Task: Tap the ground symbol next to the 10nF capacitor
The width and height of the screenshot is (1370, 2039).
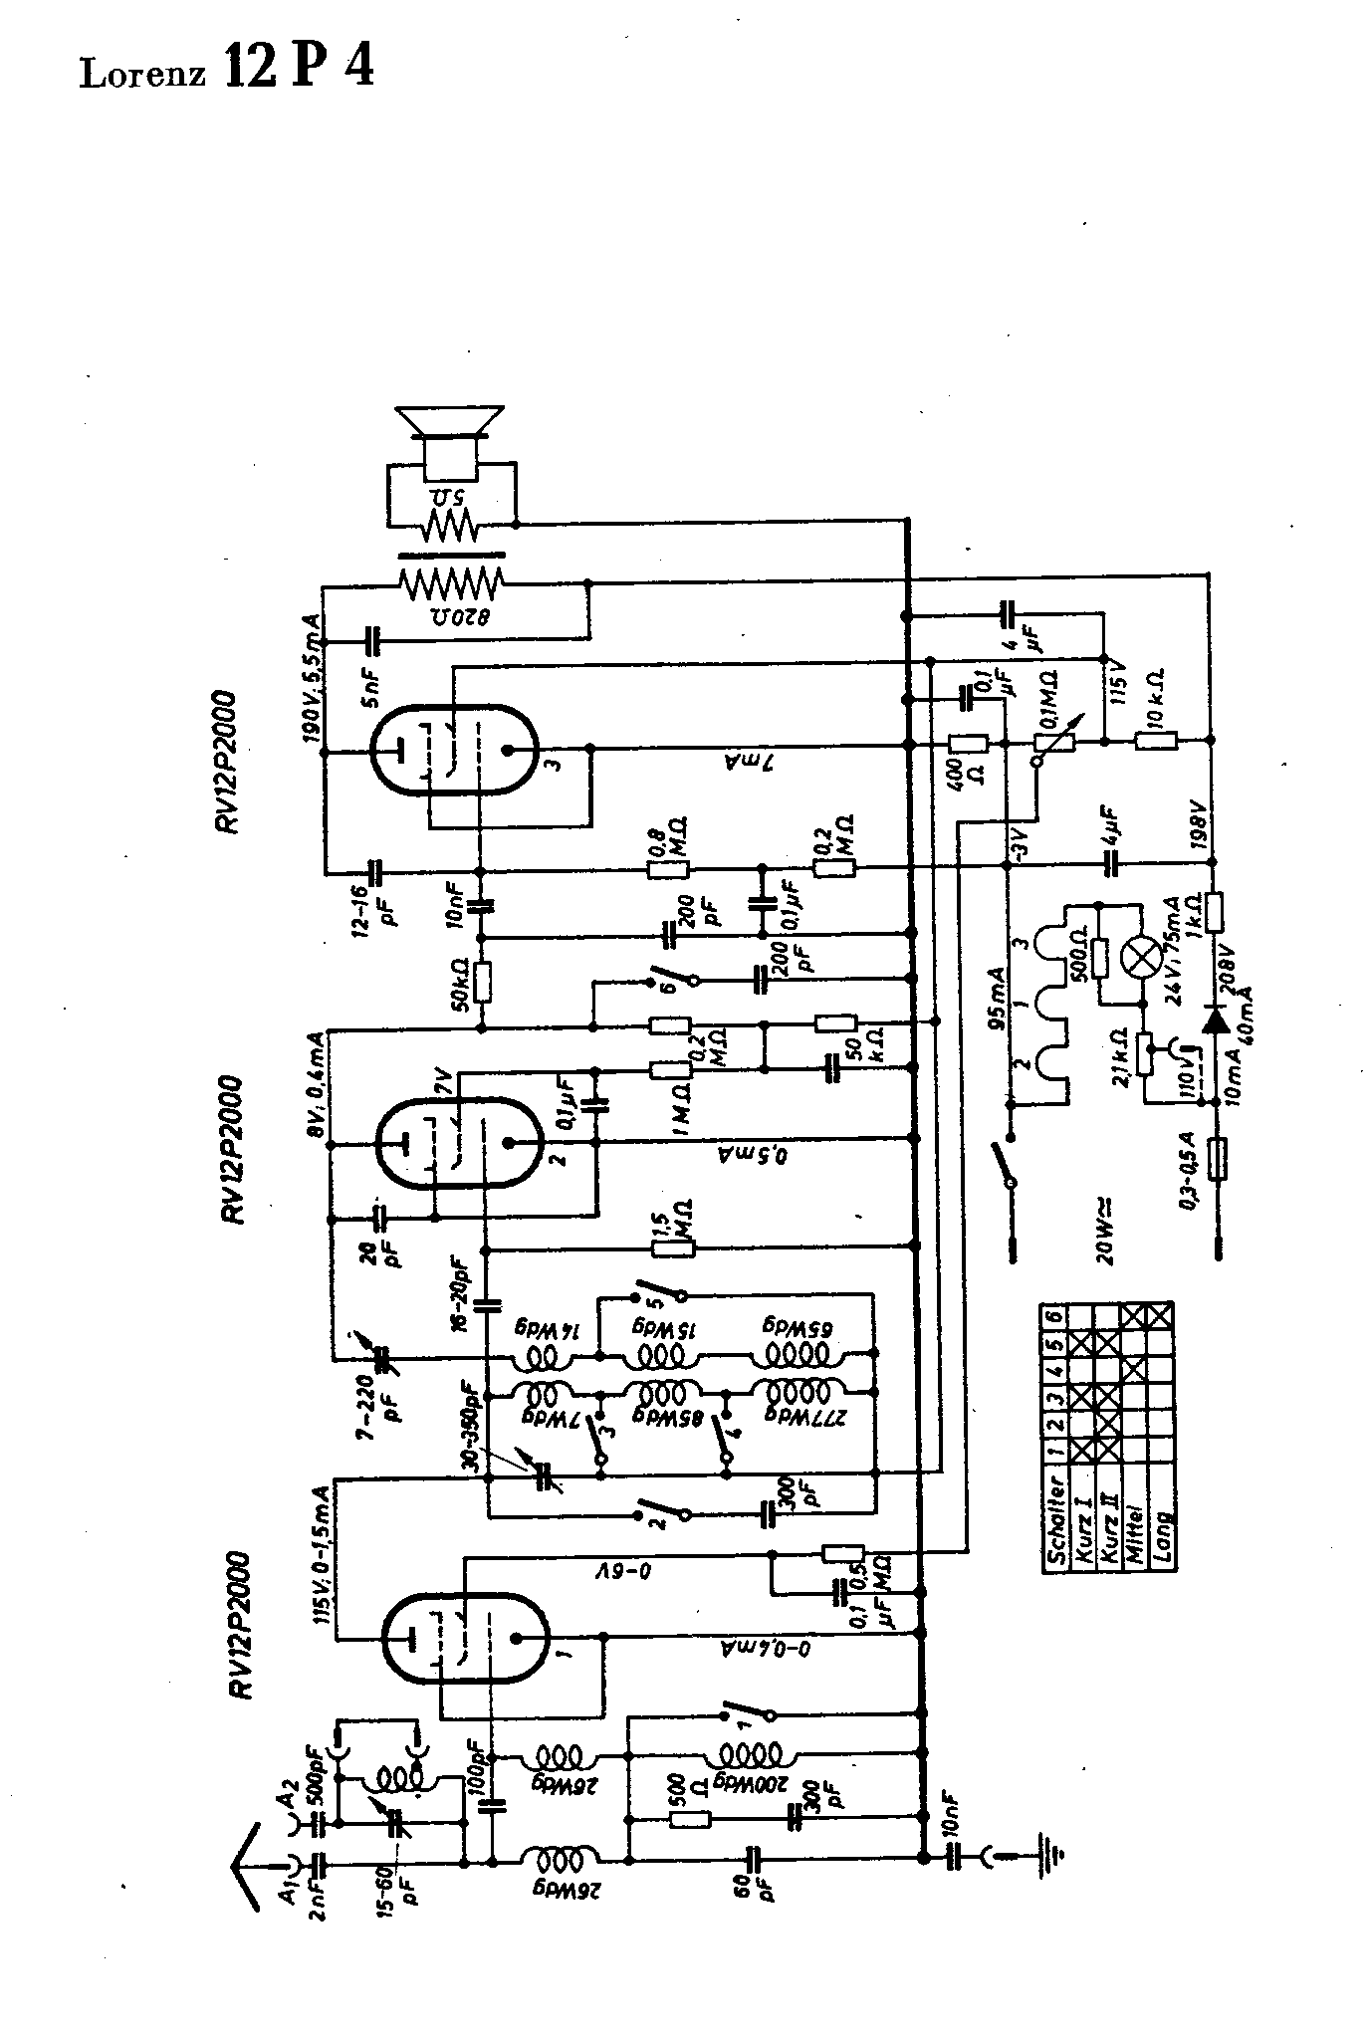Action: tap(1051, 1855)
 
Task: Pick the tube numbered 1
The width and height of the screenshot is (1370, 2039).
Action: tap(464, 1638)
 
